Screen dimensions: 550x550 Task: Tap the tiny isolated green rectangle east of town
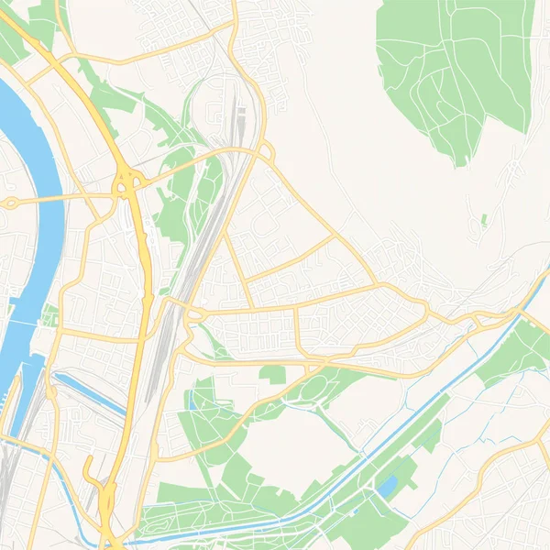point(483,220)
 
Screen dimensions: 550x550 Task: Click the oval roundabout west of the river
point(12,203)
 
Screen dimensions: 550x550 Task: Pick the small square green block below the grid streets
point(272,373)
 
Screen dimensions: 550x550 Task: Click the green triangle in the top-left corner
point(11,41)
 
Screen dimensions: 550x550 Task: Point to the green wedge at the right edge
point(522,353)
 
